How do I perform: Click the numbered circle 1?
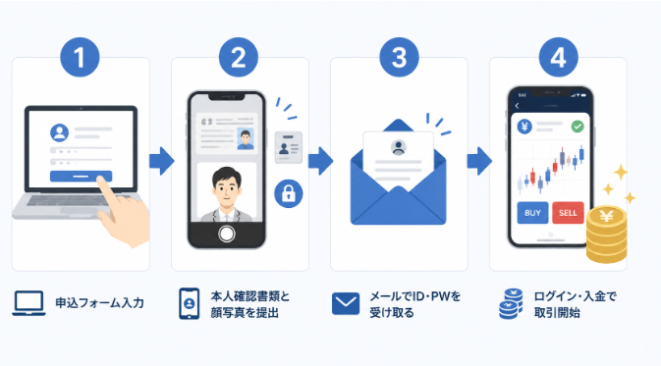pyautogui.click(x=80, y=57)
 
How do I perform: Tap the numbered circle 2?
pyautogui.click(x=239, y=57)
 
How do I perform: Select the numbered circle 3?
pyautogui.click(x=399, y=57)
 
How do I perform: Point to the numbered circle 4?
pyautogui.click(x=558, y=57)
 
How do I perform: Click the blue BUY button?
pyautogui.click(x=532, y=213)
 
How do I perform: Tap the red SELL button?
pyautogui.click(x=568, y=213)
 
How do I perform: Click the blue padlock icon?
pyautogui.click(x=289, y=193)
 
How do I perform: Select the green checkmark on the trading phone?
pyautogui.click(x=578, y=127)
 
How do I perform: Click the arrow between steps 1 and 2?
pyautogui.click(x=161, y=161)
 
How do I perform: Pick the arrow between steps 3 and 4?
pyautogui.click(x=479, y=161)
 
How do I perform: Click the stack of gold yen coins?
pyautogui.click(x=606, y=234)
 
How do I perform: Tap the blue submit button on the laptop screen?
pyautogui.click(x=81, y=176)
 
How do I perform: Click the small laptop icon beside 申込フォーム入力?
pyautogui.click(x=28, y=303)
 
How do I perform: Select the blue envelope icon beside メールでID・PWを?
pyautogui.click(x=346, y=303)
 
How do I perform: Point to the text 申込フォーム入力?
pyautogui.click(x=100, y=303)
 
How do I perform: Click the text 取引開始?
pyautogui.click(x=557, y=313)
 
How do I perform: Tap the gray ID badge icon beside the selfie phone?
pyautogui.click(x=289, y=147)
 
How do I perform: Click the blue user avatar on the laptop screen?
pyautogui.click(x=60, y=132)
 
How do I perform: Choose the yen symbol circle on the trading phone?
pyautogui.click(x=524, y=127)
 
